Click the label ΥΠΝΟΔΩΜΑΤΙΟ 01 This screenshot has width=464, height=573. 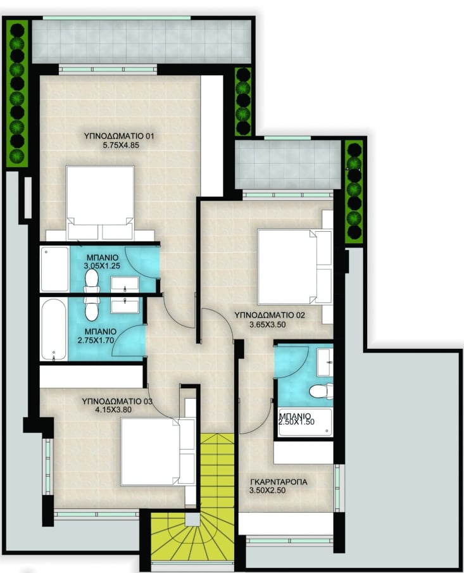click(119, 136)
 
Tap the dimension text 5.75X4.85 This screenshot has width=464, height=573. click(121, 145)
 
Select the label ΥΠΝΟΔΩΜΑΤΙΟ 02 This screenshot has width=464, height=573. click(270, 315)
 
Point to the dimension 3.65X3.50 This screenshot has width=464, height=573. click(268, 324)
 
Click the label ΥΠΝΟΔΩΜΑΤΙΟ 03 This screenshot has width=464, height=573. click(117, 401)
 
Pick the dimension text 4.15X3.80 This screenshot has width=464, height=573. click(113, 410)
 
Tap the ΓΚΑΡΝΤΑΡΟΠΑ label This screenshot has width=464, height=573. click(279, 482)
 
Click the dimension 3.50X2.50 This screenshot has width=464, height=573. click(267, 491)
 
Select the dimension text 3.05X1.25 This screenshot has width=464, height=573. click(102, 266)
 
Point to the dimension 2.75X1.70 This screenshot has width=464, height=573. click(96, 341)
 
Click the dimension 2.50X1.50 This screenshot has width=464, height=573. click(296, 422)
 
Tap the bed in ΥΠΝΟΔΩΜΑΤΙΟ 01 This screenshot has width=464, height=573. click(101, 203)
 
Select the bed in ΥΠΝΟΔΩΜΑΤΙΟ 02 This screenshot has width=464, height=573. click(294, 267)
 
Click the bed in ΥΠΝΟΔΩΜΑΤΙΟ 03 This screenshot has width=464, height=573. click(158, 451)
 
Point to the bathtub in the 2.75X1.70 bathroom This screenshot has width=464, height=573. click(54, 329)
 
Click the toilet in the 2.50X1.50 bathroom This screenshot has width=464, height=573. click(321, 391)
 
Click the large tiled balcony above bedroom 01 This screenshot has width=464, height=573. click(142, 41)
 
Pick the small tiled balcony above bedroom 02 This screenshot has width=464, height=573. click(288, 165)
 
